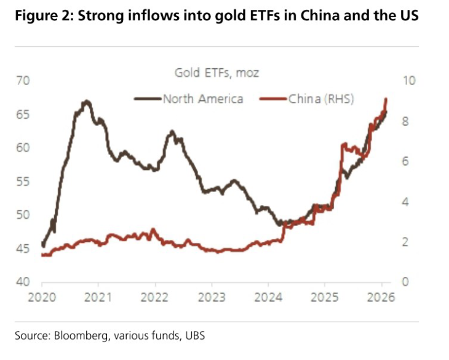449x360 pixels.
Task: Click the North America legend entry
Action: click(x=203, y=98)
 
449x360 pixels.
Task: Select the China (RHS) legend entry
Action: click(x=320, y=98)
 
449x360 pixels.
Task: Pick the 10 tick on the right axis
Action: click(x=407, y=81)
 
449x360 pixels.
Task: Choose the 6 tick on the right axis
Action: click(x=404, y=161)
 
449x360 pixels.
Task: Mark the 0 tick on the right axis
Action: click(x=404, y=282)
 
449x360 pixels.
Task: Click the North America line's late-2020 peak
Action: click(x=87, y=101)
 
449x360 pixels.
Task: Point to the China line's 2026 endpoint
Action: click(x=386, y=98)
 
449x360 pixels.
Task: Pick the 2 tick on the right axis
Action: click(x=404, y=242)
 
